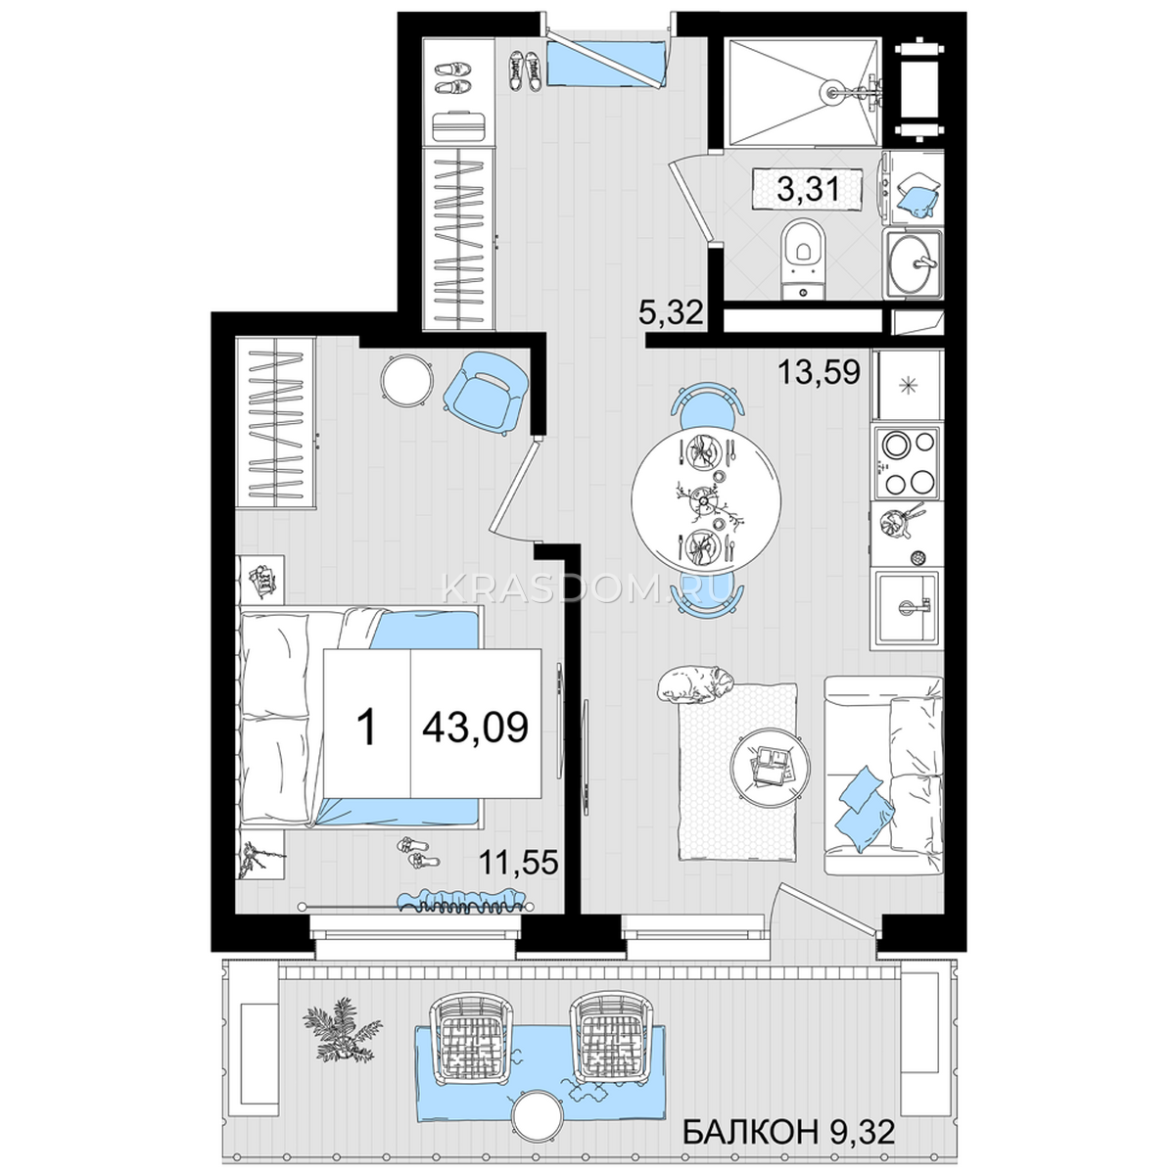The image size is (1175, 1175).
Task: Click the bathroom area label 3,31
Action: (x=808, y=190)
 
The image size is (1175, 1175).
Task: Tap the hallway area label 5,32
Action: (x=671, y=313)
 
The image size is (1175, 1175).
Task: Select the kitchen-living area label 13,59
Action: (x=820, y=371)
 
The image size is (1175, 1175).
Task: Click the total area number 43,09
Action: (x=476, y=728)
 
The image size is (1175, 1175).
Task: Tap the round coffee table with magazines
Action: (x=771, y=768)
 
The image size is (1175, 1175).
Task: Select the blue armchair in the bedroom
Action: (x=485, y=393)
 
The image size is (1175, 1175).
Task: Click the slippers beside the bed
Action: (x=418, y=853)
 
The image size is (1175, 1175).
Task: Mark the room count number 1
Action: (x=366, y=728)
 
